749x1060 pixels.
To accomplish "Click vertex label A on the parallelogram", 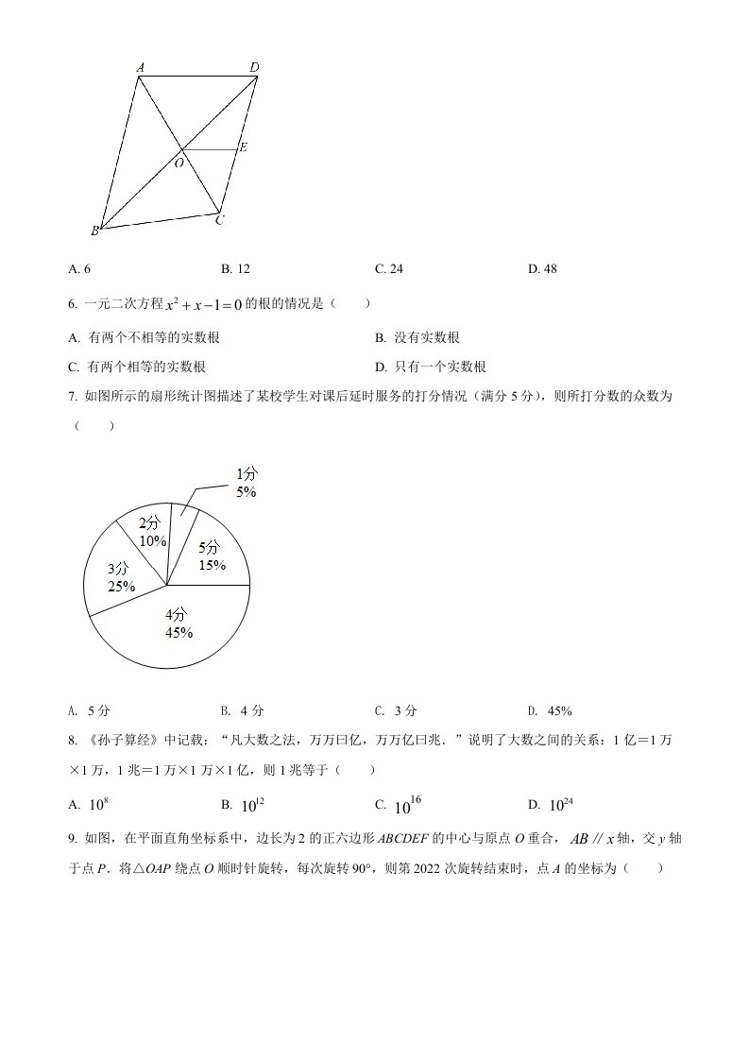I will [x=140, y=68].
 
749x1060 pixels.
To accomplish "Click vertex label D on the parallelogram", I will [x=254, y=67].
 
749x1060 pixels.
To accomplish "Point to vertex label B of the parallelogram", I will [x=94, y=231].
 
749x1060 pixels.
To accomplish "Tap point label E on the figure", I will [x=243, y=147].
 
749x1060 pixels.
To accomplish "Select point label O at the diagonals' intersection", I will [x=178, y=162].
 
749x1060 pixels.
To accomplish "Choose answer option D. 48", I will [x=542, y=269].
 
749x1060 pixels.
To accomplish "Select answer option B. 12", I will [x=235, y=269].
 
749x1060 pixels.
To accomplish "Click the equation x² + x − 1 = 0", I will [x=204, y=304].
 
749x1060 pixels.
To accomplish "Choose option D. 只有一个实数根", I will [x=430, y=368].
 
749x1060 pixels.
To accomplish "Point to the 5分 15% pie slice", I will [x=211, y=556].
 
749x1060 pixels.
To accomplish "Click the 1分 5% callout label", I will [x=247, y=483].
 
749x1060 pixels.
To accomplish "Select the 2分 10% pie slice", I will [x=152, y=532].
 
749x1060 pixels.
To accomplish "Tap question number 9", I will [x=73, y=837].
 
